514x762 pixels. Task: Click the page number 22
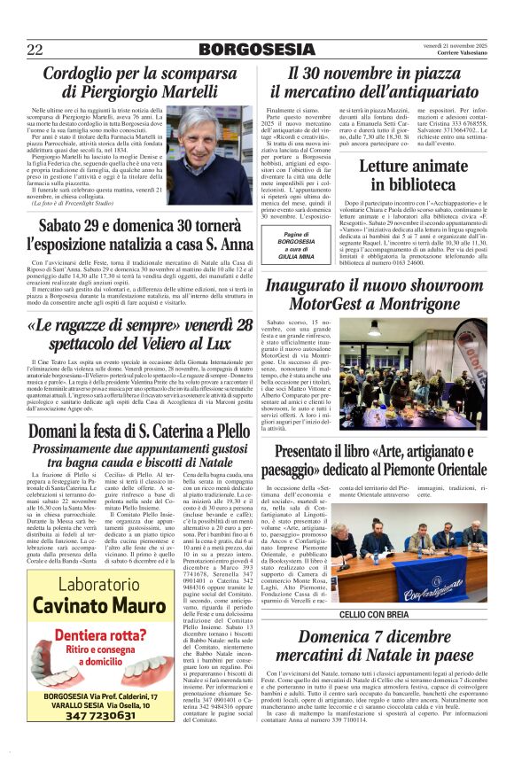point(35,50)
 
